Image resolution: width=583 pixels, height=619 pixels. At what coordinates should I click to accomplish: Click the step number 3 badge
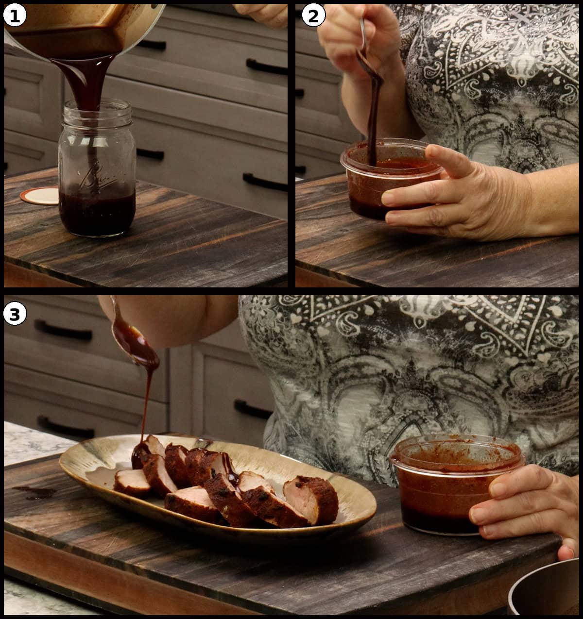click(x=14, y=314)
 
